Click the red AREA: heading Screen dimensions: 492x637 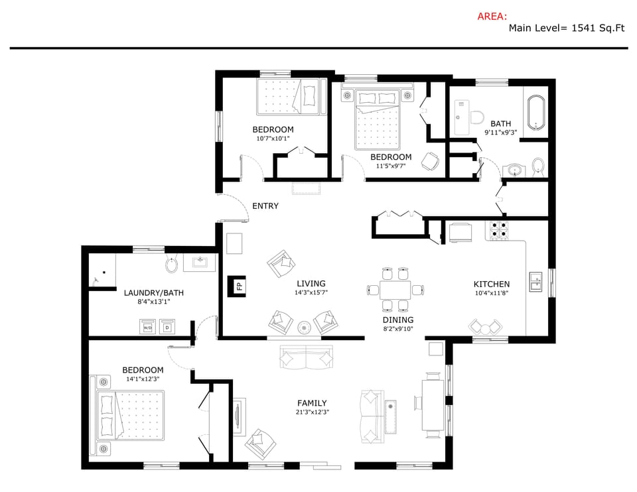click(x=492, y=17)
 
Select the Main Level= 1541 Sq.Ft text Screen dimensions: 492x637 click(x=568, y=29)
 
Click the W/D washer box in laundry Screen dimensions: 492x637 click(x=147, y=327)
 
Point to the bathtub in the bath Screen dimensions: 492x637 click(x=536, y=113)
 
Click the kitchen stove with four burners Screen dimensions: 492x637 click(x=498, y=229)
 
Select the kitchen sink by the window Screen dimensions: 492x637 click(x=535, y=282)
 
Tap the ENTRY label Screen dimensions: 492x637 click(x=265, y=206)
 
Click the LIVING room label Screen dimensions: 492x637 click(x=311, y=283)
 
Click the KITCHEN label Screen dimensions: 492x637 click(x=491, y=284)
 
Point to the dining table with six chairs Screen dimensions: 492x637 click(x=395, y=289)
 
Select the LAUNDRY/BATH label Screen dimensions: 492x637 click(x=154, y=292)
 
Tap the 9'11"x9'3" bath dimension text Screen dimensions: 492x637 click(x=500, y=133)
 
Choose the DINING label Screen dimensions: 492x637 click(x=397, y=320)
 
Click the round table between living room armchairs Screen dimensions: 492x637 click(x=305, y=326)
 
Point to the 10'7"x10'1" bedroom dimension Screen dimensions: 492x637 click(x=273, y=139)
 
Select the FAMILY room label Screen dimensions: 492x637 click(x=311, y=402)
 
